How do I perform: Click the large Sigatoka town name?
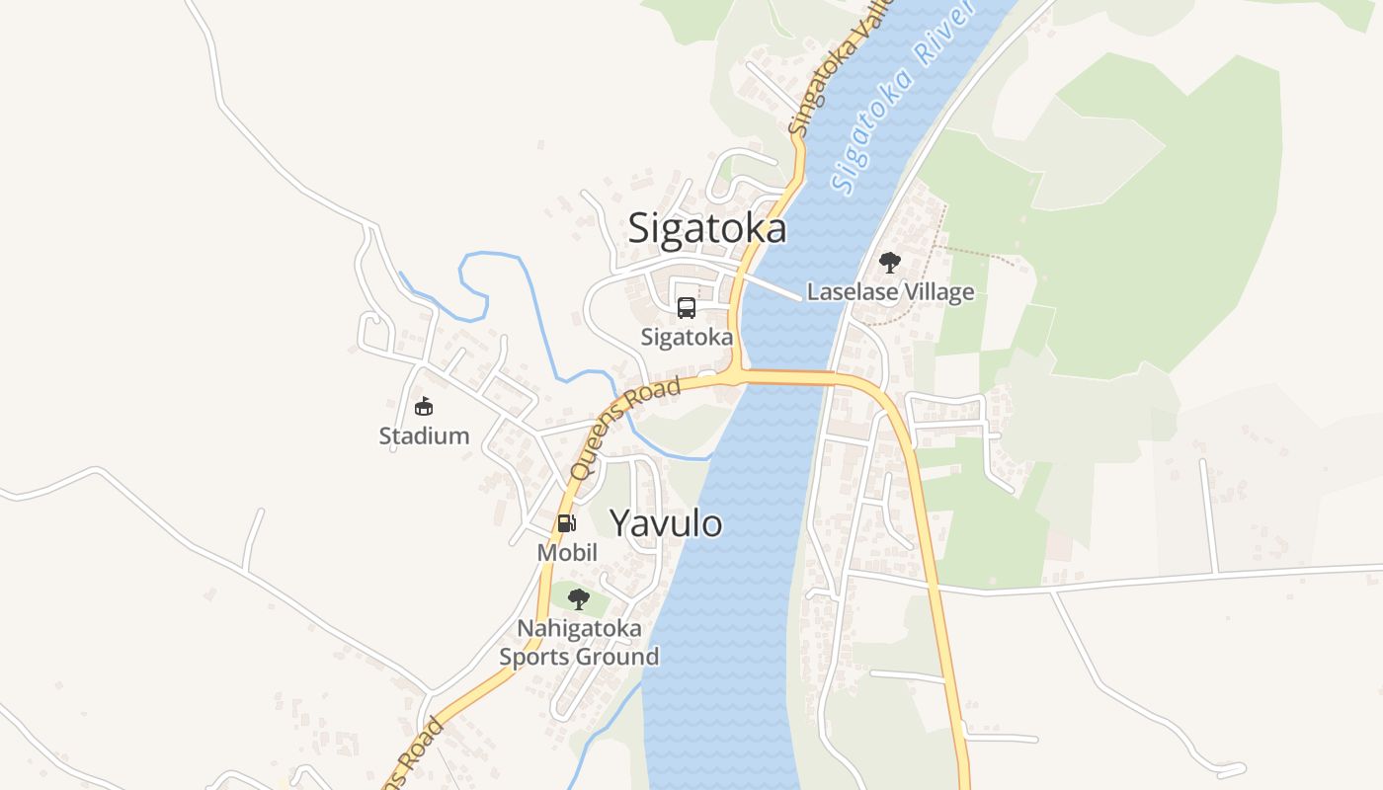(707, 228)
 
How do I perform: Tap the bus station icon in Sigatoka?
(687, 308)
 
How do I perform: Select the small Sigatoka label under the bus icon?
(687, 337)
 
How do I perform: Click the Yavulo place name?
(666, 523)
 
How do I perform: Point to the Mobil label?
(567, 552)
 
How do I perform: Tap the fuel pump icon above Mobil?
(566, 523)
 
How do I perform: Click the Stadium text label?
(424, 435)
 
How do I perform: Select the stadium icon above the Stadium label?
(424, 406)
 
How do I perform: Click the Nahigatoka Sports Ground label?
(579, 642)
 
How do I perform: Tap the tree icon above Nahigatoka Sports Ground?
(579, 598)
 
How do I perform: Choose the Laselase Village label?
(890, 292)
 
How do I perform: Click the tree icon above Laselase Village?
(890, 263)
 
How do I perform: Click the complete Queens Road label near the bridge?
(626, 430)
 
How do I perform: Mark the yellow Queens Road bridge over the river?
(785, 376)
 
